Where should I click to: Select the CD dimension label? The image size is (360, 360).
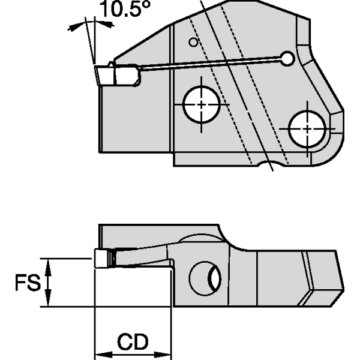[133, 343]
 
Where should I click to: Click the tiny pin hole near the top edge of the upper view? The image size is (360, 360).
[192, 42]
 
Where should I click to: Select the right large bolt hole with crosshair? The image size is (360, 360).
[307, 128]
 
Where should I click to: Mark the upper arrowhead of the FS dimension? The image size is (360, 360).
[50, 265]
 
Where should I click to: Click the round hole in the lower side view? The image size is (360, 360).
[205, 279]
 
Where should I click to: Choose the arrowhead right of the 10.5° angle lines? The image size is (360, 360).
[107, 23]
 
